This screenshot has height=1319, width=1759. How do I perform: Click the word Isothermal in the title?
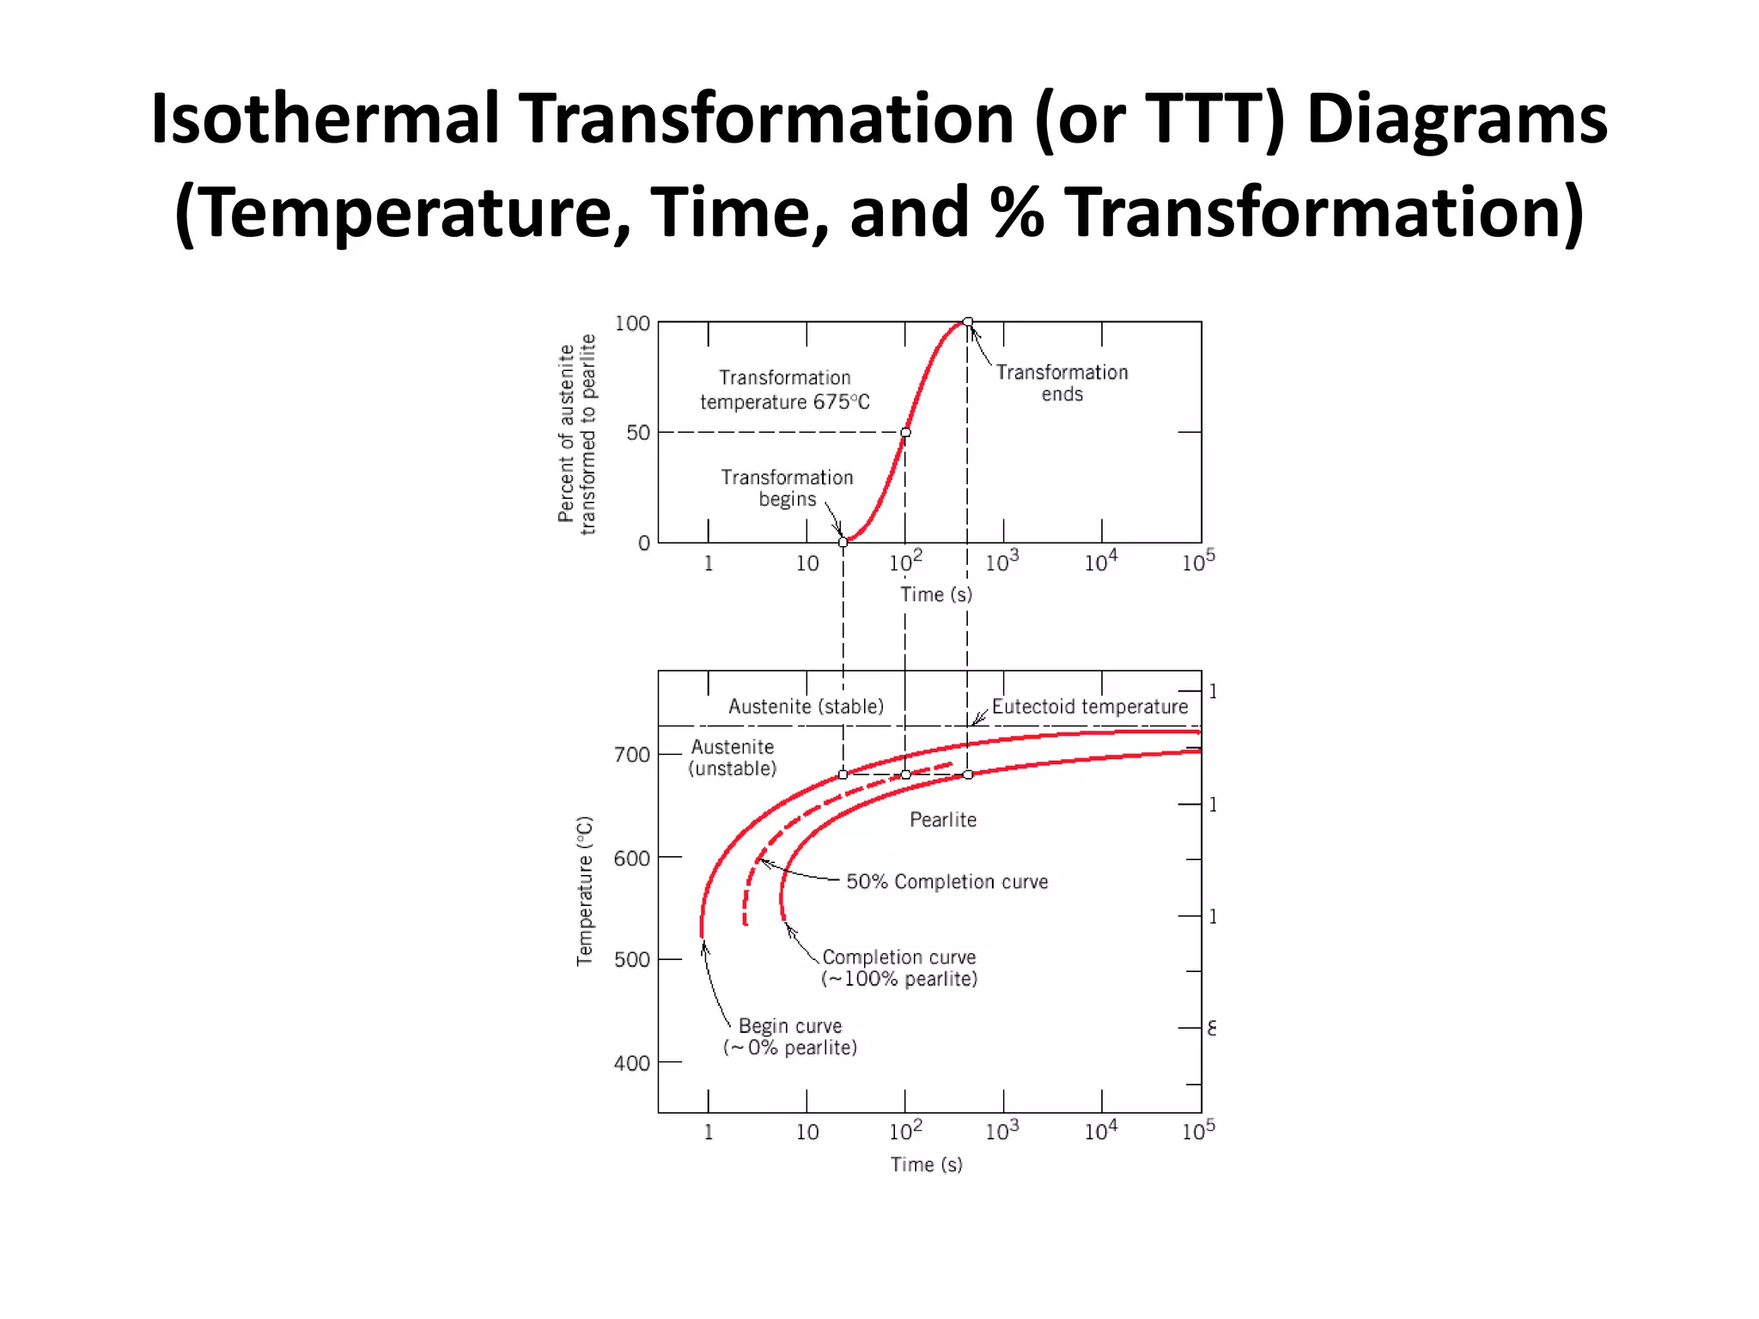pos(325,119)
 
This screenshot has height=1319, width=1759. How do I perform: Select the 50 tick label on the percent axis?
pos(638,433)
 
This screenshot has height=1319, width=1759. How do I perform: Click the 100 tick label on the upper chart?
pos(632,324)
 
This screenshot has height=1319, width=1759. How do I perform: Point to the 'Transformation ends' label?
pos(1062,383)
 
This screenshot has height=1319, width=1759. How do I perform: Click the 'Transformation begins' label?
pos(787,488)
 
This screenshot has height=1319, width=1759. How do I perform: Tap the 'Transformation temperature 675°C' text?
pos(785,390)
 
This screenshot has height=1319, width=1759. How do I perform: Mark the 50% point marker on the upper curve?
pos(905,433)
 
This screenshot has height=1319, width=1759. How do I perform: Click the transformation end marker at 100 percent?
pos(968,322)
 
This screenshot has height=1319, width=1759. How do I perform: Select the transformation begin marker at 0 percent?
pos(843,542)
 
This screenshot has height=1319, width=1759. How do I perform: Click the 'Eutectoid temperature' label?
pos(1090,707)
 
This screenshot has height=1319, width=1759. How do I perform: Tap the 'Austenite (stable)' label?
pos(806,707)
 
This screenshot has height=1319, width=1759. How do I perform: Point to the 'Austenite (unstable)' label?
pos(733,757)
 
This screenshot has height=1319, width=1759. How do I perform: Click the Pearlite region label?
pos(943,820)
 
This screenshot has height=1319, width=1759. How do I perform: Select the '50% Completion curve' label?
pos(947,882)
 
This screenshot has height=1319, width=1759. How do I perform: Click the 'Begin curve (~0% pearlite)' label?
pos(790,1036)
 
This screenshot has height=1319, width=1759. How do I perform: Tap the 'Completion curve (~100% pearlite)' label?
pos(899,968)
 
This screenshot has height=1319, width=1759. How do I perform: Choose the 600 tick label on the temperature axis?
pos(631,859)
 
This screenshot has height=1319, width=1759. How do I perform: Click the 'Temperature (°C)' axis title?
pos(584,891)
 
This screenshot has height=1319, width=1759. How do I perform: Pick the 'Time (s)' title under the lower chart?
pos(926,1164)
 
